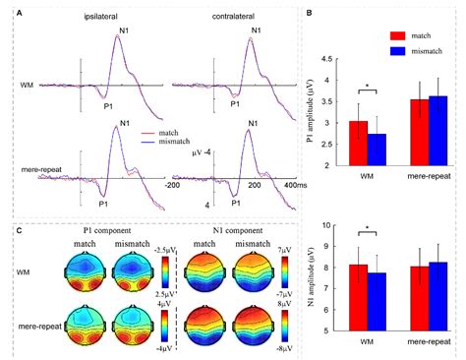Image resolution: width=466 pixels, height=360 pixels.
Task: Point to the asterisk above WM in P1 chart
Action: [369, 88]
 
